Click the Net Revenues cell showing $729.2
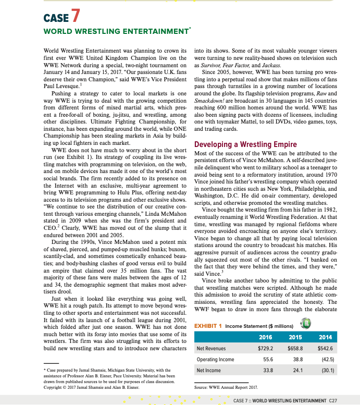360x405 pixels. [x=265, y=348]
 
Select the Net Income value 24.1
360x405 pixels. [x=299, y=370]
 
